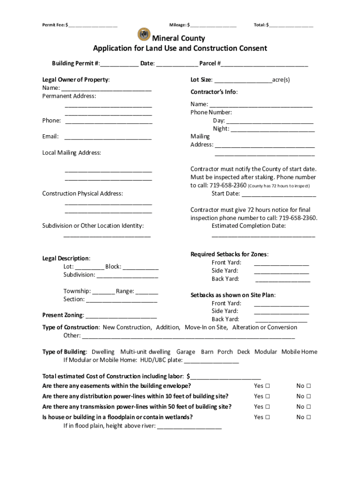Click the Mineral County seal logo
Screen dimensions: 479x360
click(x=144, y=35)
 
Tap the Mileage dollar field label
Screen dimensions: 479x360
click(x=178, y=24)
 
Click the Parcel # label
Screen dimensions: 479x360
click(x=210, y=63)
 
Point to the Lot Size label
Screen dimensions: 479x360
click(x=202, y=80)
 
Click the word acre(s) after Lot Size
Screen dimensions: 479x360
click(x=281, y=80)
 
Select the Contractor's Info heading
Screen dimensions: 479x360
click(x=214, y=92)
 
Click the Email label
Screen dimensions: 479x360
click(x=50, y=137)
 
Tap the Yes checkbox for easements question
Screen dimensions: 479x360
click(x=267, y=386)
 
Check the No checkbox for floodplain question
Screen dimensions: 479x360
click(x=309, y=417)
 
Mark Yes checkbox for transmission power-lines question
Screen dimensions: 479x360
click(x=267, y=406)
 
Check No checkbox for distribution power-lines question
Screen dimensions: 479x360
click(x=309, y=396)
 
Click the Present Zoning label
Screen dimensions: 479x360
click(x=63, y=315)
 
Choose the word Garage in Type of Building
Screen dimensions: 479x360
click(x=186, y=352)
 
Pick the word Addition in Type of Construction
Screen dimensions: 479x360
click(x=167, y=327)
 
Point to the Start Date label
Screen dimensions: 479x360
click(x=225, y=194)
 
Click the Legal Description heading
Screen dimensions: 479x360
click(x=66, y=258)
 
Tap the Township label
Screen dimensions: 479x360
click(x=77, y=291)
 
